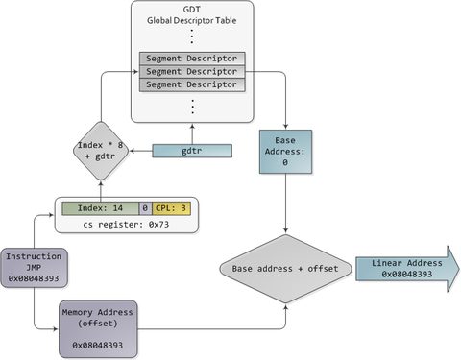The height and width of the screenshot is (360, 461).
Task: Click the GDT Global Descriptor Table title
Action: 193,16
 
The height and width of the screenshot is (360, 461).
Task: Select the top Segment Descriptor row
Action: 193,59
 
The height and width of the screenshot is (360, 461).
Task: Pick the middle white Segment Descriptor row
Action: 193,72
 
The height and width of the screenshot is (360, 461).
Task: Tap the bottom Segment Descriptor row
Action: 193,85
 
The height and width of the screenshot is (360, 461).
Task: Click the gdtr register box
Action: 193,151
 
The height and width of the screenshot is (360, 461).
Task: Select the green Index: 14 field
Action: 99,207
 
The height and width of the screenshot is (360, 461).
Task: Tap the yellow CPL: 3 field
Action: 173,207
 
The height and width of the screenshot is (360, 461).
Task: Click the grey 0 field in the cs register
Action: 144,207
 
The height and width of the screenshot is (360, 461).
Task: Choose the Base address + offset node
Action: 284,268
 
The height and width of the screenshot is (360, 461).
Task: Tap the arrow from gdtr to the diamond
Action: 142,152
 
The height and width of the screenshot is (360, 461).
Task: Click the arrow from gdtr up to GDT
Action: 193,133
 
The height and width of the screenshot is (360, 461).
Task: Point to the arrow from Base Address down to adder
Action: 285,206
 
